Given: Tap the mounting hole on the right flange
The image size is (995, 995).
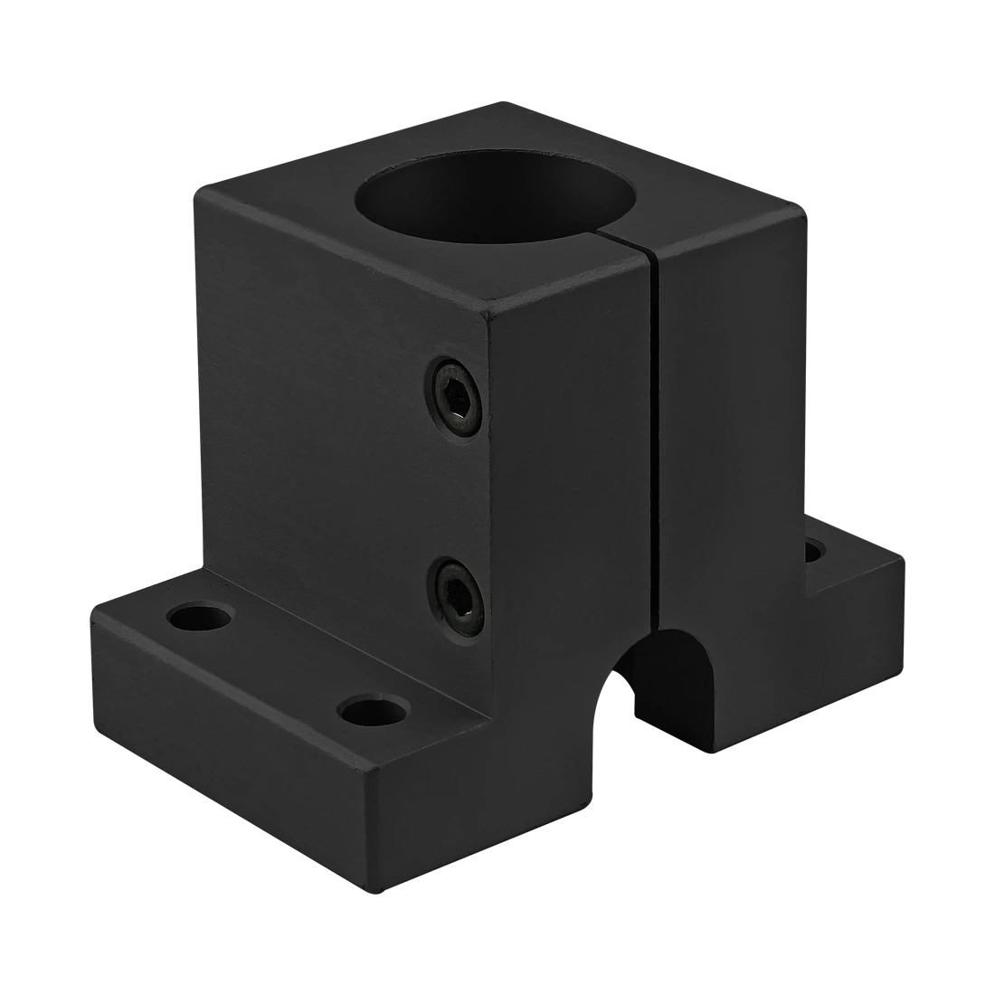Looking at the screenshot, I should [x=815, y=550].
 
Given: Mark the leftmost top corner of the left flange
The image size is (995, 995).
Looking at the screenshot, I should [x=90, y=604].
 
